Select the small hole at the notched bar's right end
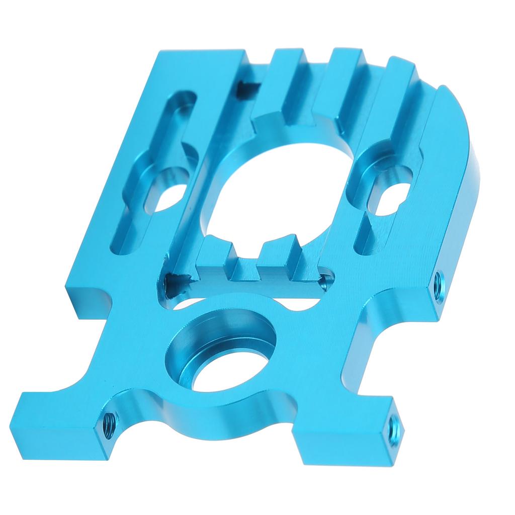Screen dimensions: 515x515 (x=328, y=279)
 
